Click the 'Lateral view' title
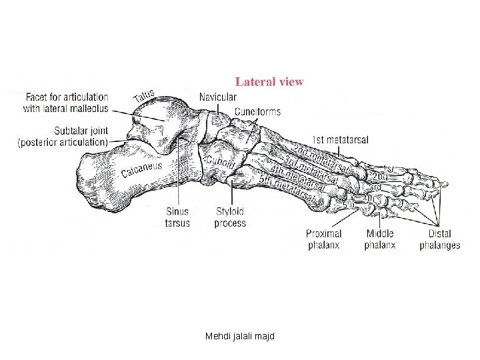[x=269, y=82]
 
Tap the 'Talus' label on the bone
[x=145, y=97]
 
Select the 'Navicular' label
[x=217, y=97]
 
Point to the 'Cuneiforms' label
[x=257, y=111]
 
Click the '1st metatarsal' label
[x=340, y=140]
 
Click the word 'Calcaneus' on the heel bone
[x=141, y=167]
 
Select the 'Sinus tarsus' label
[x=177, y=217]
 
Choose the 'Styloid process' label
[x=230, y=217]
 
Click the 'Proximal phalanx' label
[x=323, y=239]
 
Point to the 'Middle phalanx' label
[x=379, y=239]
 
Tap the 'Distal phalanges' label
[x=439, y=239]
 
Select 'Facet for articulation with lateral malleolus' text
[x=66, y=102]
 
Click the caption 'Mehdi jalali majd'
[x=240, y=336]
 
